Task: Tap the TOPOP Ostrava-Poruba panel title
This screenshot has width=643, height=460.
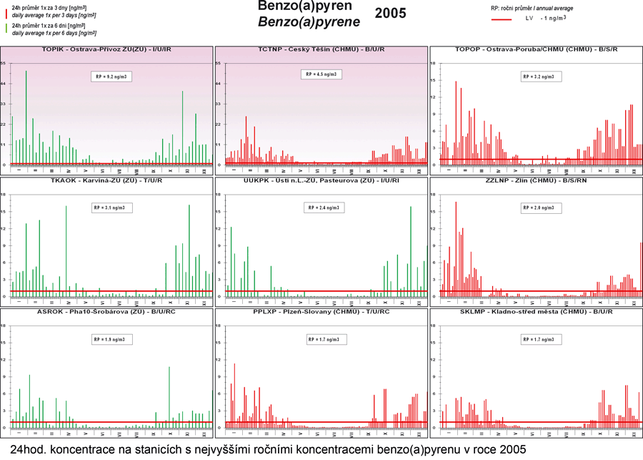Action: click(535, 49)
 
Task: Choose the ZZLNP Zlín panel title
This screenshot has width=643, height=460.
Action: click(535, 181)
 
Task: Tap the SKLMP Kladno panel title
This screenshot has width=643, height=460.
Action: click(535, 313)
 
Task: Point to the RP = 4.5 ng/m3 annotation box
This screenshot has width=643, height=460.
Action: click(321, 74)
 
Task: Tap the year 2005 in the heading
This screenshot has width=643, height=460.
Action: click(390, 13)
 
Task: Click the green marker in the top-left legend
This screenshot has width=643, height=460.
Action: click(7, 28)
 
